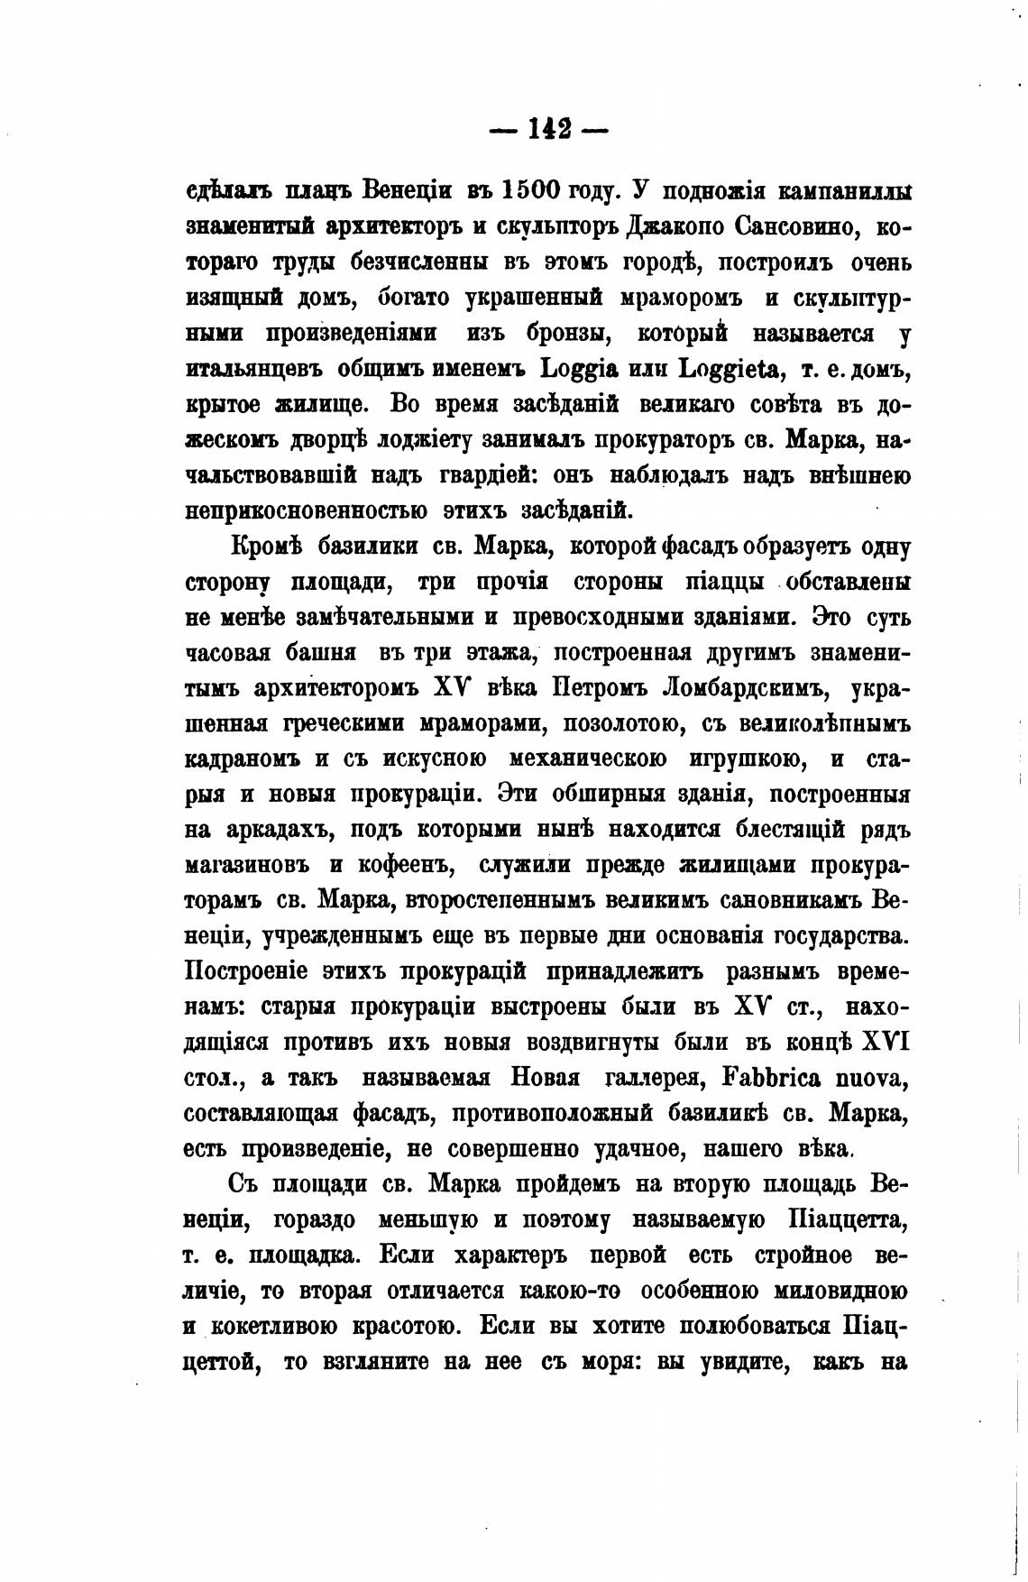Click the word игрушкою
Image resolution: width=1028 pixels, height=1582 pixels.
coord(750,760)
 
